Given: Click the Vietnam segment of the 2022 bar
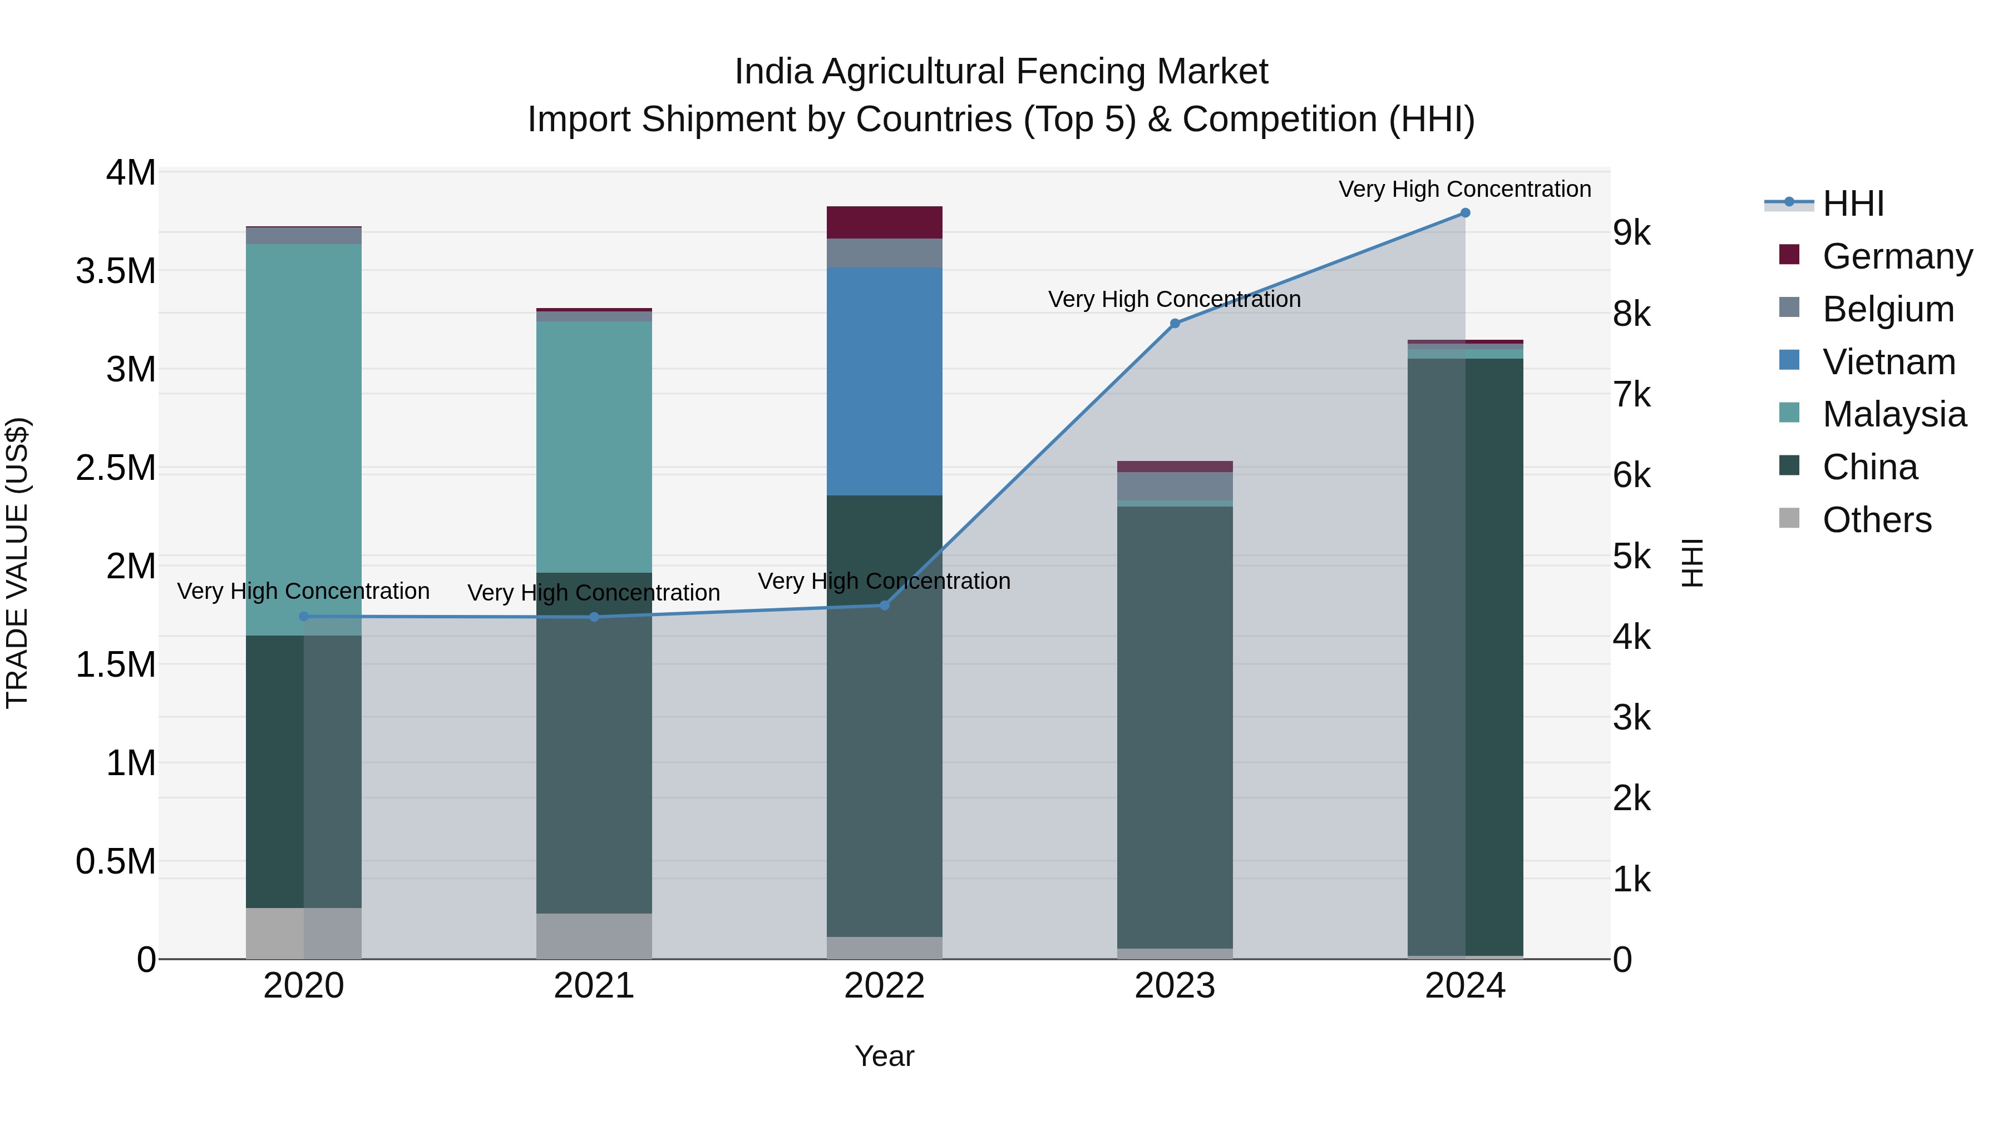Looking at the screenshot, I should click(x=884, y=381).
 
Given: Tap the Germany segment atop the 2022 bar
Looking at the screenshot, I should click(x=884, y=222).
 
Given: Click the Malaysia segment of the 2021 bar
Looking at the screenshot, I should click(x=594, y=447).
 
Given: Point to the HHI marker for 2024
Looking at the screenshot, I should click(x=1465, y=213).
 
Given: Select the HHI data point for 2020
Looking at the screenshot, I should click(x=303, y=616).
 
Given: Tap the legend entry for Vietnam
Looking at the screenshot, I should click(x=1888, y=362).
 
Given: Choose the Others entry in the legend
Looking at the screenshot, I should click(x=1876, y=520).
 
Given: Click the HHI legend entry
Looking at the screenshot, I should click(x=1852, y=204).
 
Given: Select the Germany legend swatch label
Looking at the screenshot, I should click(x=1897, y=256).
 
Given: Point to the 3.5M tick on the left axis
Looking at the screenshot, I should click(x=116, y=271).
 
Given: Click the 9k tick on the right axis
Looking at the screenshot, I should click(x=1631, y=233).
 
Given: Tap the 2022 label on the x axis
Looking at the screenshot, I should click(x=884, y=986).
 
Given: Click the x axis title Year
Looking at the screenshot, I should click(x=884, y=1056).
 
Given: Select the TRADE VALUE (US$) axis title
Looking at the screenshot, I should click(x=17, y=563).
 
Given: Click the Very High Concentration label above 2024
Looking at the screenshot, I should click(x=1464, y=189).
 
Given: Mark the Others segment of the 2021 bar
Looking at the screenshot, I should click(x=594, y=936).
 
